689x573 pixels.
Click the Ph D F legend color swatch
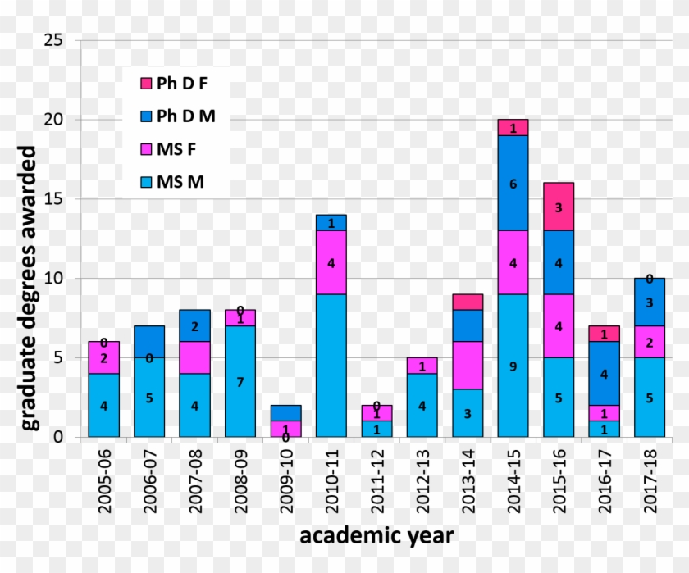coord(146,83)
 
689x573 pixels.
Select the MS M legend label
coord(180,181)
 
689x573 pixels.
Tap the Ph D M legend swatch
coord(146,116)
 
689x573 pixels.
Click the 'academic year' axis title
coord(375,536)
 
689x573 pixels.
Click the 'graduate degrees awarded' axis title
coord(29,287)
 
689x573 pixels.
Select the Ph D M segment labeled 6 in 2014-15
coord(513,183)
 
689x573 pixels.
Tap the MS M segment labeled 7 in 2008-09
coord(240,381)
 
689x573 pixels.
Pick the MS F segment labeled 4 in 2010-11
coord(331,262)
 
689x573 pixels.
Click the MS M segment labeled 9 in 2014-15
coord(513,366)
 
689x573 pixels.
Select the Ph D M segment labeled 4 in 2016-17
coord(605,373)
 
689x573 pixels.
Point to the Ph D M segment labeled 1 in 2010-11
coord(331,222)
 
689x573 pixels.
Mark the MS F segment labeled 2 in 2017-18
coord(649,342)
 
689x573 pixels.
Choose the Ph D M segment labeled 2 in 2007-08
coord(194,325)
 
